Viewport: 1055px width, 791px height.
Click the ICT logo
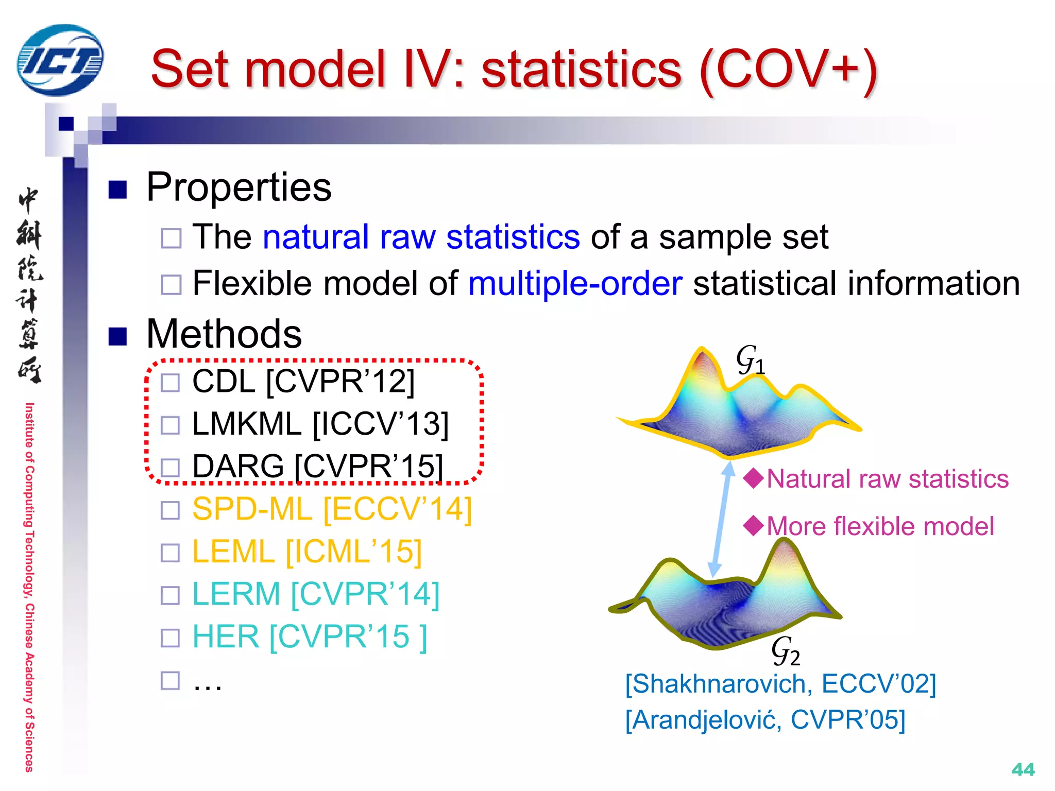coord(60,60)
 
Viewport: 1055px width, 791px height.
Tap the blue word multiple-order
coord(575,283)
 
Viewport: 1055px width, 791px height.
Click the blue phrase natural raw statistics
coord(421,237)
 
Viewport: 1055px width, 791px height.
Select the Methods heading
coord(224,334)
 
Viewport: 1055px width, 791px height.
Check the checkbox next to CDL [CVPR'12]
coord(171,383)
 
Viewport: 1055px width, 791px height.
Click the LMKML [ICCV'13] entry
coord(320,424)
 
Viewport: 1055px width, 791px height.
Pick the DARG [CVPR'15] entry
coord(317,467)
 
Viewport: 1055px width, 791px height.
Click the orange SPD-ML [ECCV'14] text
coord(332,509)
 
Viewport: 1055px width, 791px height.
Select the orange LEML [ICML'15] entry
coord(307,552)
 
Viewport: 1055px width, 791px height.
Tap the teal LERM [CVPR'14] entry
coord(316,594)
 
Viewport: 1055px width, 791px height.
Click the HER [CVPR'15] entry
coord(309,637)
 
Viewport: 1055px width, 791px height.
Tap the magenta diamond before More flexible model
coord(754,526)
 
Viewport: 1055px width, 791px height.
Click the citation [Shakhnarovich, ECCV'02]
coord(780,684)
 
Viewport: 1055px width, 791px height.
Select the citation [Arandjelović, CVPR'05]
coord(765,720)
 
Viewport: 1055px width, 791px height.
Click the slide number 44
coord(1023,769)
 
